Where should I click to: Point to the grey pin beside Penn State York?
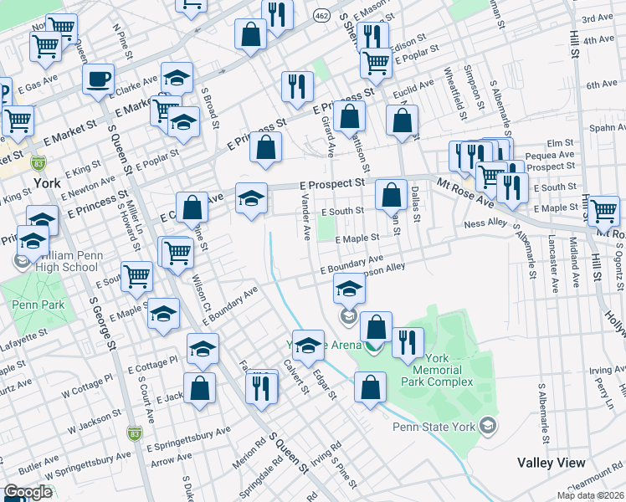tap(486, 428)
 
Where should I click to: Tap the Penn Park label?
tap(38, 305)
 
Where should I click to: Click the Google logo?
tap(27, 492)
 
